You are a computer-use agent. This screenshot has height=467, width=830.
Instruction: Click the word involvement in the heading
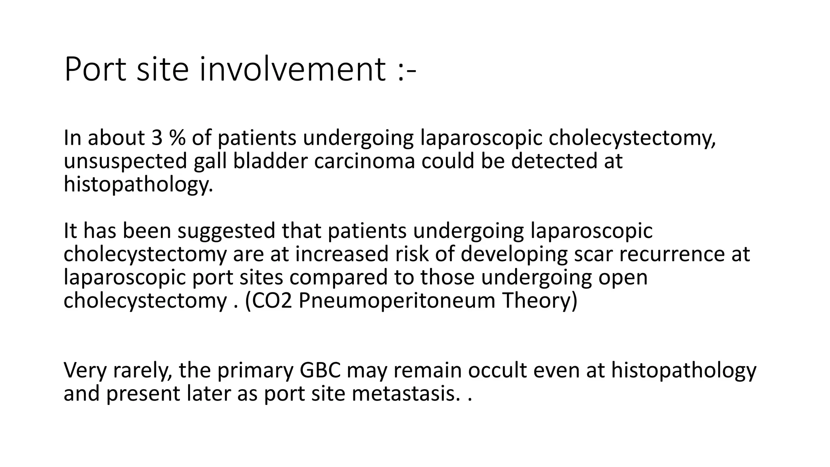(x=292, y=70)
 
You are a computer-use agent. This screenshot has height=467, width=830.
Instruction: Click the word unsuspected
(x=125, y=161)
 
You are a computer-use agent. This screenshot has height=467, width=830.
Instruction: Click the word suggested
(x=226, y=231)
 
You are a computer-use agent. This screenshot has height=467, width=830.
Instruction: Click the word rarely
(x=142, y=371)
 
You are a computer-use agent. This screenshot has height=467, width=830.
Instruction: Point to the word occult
(x=498, y=371)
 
